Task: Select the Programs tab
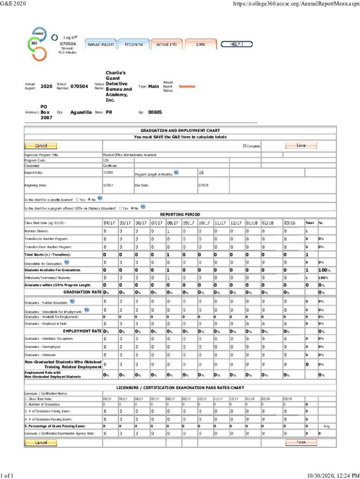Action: [x=134, y=44]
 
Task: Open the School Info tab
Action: [x=166, y=44]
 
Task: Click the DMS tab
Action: [x=200, y=44]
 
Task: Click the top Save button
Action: [x=301, y=145]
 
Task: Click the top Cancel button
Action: [x=41, y=145]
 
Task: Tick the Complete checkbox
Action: [x=245, y=146]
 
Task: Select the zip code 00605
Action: [x=155, y=113]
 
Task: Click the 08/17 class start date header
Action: [x=173, y=223]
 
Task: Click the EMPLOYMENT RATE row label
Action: [x=82, y=331]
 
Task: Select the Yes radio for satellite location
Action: [x=77, y=199]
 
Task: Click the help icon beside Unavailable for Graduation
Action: [x=67, y=262]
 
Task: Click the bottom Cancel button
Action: [x=41, y=442]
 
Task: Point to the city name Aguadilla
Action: [x=81, y=113]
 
